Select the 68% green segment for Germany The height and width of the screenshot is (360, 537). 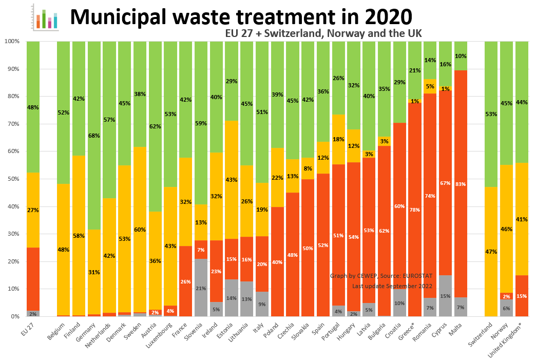pyautogui.click(x=94, y=136)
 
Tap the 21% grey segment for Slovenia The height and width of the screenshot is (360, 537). pyautogui.click(x=201, y=288)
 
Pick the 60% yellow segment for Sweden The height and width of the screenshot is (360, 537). pyautogui.click(x=140, y=230)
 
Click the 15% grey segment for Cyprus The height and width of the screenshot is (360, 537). pyautogui.click(x=445, y=296)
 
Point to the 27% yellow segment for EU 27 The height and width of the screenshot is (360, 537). pyautogui.click(x=33, y=210)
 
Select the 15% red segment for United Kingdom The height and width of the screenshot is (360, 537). pyautogui.click(x=522, y=296)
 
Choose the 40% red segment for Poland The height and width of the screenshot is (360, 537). pyautogui.click(x=277, y=262)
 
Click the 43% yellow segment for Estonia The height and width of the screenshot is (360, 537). pyautogui.click(x=232, y=180)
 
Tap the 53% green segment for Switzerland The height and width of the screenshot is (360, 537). pyautogui.click(x=491, y=114)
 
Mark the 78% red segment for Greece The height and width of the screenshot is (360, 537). pyautogui.click(x=415, y=210)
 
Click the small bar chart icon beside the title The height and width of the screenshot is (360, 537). pyautogui.click(x=44, y=16)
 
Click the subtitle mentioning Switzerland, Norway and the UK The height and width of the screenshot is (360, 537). pyautogui.click(x=323, y=33)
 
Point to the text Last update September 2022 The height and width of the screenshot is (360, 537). pyautogui.click(x=392, y=286)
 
